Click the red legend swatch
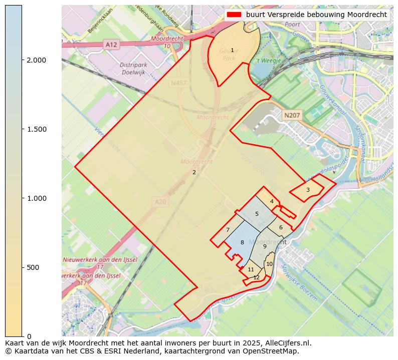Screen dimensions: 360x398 pos(234,15)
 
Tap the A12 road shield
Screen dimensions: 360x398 pos(111,45)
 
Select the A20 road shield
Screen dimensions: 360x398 pos(160,202)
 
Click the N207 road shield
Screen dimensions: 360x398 pos(292,116)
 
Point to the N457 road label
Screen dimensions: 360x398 pos(178,83)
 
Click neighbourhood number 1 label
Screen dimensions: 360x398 pos(232,51)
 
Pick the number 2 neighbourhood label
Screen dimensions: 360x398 pos(194,173)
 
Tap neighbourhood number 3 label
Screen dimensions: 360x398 pos(308,190)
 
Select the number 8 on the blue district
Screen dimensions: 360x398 pos(242,243)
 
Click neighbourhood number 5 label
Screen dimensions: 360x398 pos(257,214)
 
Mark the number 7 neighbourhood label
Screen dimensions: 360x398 pos(228,230)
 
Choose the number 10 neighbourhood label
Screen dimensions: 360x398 pos(269,264)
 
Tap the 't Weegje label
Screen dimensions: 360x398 pos(269,61)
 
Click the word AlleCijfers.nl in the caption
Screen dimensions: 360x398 pos(289,343)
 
